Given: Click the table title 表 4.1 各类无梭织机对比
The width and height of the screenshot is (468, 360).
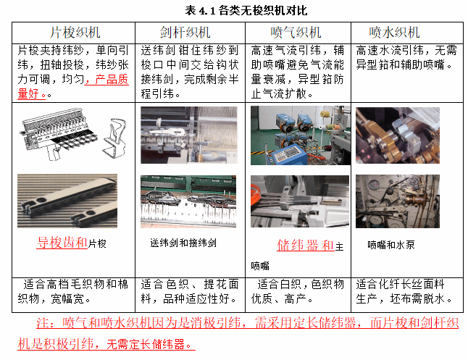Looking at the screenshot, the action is point(246,11).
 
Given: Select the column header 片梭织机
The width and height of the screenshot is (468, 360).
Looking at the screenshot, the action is point(75,33).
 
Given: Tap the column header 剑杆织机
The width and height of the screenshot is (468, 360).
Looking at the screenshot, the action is point(185,33).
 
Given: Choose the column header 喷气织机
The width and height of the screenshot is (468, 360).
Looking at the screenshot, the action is point(296,33).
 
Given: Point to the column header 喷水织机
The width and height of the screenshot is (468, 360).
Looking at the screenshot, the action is point(394,33).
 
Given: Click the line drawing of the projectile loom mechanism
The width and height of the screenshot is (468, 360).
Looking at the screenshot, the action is point(74,134).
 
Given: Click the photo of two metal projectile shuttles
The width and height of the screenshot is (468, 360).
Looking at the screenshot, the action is point(67,201).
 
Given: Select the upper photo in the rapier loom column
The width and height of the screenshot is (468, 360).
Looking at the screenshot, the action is point(189,135).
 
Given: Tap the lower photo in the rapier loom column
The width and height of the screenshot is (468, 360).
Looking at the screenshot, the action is point(188,201).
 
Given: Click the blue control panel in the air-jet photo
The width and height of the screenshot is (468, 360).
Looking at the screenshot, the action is point(285,154).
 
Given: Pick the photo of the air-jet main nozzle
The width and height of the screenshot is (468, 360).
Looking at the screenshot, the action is point(300,201).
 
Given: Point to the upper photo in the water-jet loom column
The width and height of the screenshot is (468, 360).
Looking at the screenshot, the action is point(398,135).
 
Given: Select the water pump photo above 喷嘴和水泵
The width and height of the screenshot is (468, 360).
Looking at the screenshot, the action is point(398,201).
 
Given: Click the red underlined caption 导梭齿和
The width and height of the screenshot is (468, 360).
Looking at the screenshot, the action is point(62,243).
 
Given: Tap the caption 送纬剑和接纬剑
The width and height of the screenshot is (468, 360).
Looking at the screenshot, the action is point(183,243).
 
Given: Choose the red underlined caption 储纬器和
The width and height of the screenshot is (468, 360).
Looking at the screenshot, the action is point(305,245).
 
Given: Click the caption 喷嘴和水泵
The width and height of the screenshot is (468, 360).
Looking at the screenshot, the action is point(391,245).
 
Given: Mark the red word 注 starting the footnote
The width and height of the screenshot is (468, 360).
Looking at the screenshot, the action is point(42,323).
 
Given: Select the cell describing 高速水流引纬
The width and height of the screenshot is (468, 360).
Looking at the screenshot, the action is point(406,57).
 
